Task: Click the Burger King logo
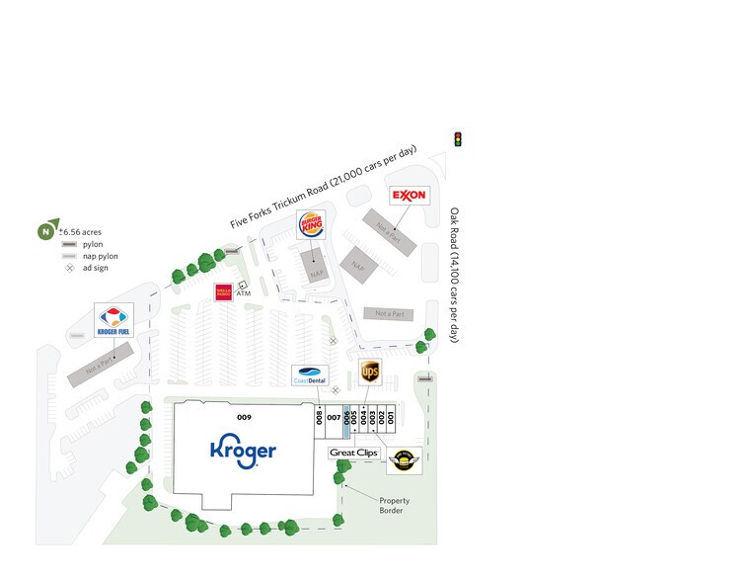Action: (312, 226)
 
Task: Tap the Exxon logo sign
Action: (409, 195)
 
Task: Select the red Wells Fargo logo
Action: (223, 291)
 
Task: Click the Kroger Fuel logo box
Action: (113, 321)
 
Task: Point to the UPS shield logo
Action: (370, 372)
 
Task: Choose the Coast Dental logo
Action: (309, 375)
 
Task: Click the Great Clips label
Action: (352, 453)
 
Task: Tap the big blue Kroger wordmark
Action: (243, 452)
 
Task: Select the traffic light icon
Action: (457, 139)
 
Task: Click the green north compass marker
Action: (45, 231)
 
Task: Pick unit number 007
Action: (334, 418)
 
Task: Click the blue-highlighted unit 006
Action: (346, 416)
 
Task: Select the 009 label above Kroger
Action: (244, 417)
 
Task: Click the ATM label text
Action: (243, 293)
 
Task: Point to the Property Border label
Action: (394, 506)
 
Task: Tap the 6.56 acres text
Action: (83, 231)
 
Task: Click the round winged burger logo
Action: (402, 458)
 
